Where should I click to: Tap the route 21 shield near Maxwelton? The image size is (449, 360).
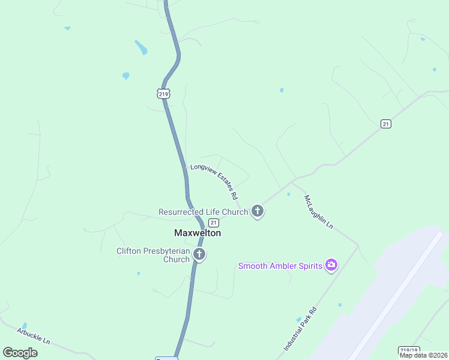coord(214,223)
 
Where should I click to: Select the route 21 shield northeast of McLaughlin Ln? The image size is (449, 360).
coord(386,124)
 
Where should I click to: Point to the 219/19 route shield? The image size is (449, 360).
coord(408,350)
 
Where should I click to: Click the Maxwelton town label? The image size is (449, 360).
coord(197,233)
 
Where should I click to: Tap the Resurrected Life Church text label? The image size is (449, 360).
coord(203,212)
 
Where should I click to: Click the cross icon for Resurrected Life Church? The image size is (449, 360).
coord(258,211)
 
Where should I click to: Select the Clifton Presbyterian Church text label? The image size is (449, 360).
coord(153,255)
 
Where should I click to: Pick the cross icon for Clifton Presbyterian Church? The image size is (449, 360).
coord(199,255)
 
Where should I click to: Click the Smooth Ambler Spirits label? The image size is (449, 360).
coord(280,265)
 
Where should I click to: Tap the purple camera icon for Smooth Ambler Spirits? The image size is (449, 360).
coord(331,265)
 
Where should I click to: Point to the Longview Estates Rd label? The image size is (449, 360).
coord(214,182)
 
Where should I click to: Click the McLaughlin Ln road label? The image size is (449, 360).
coord(318,211)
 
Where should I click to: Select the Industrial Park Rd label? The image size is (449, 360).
coord(300,329)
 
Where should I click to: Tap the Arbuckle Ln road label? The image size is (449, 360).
coord(34,335)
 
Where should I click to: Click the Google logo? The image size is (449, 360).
coord(20,352)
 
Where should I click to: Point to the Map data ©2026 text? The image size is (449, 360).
coord(423,355)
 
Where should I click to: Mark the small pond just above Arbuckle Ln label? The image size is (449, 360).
coord(24,325)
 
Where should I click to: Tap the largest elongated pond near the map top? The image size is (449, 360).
coord(141,47)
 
